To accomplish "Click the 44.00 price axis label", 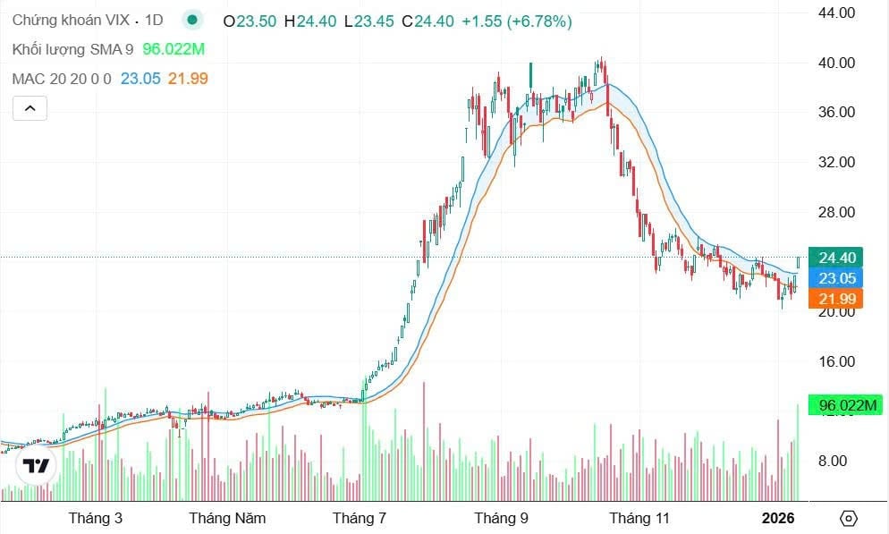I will [837, 13].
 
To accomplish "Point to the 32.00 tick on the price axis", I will [837, 163].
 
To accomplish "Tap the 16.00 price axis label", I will [837, 361].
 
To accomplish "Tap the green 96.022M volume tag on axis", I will [844, 405].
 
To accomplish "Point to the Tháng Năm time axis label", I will [227, 518].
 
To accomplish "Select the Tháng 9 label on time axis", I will [501, 518].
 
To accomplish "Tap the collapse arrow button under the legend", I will [30, 109].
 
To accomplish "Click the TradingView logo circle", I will [37, 465].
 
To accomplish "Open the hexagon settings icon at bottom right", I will [849, 519].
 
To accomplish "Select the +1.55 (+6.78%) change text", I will [517, 21].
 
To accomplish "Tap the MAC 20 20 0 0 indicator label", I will [62, 79].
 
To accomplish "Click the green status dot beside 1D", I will [191, 20].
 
